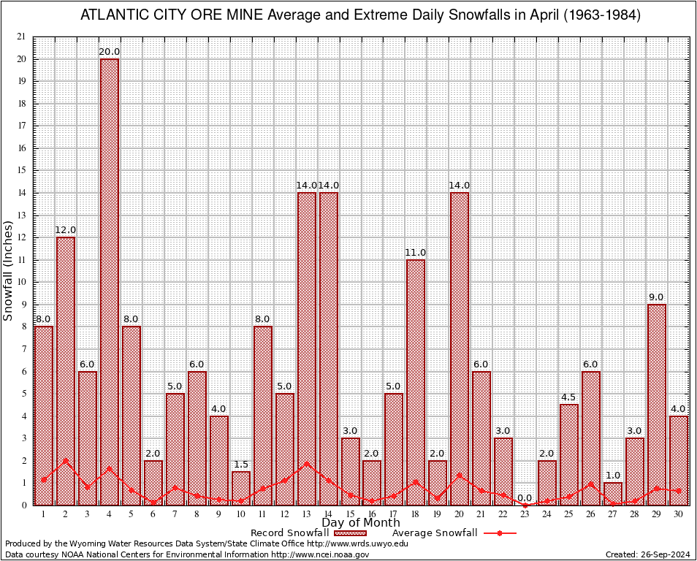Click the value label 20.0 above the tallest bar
pos(110,52)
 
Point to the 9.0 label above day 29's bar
pos(656,297)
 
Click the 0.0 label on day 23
pos(525,498)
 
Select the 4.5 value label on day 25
pos(569,397)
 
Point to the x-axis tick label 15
pos(350,514)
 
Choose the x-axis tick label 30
pos(679,514)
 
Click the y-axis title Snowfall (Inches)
pos(8,271)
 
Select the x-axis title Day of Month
pos(360,523)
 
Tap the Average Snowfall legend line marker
pos(500,533)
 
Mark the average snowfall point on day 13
pos(307,463)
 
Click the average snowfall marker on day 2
pos(66,461)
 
